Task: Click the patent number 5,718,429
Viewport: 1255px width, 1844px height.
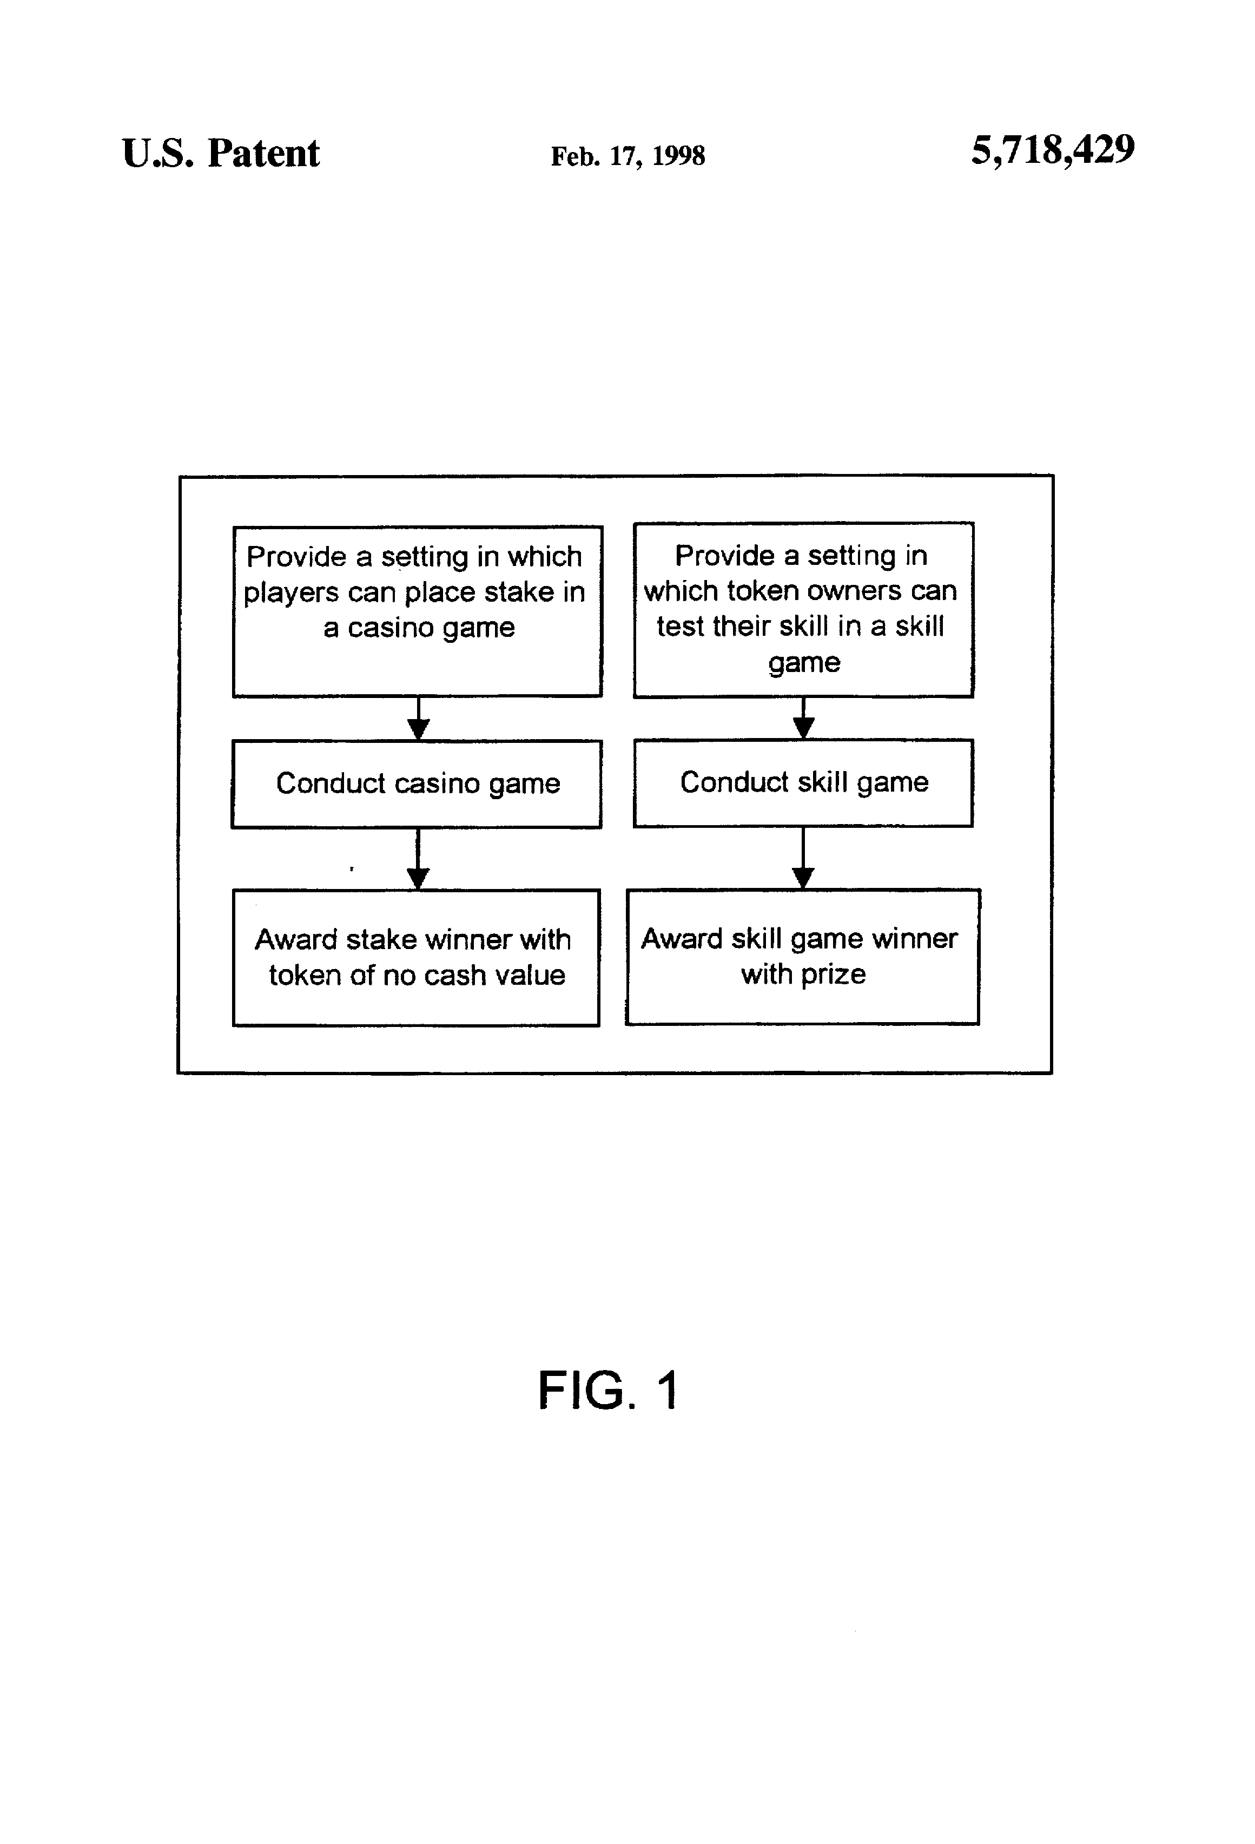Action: coord(1053,150)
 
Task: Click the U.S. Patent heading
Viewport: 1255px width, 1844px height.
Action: coord(221,153)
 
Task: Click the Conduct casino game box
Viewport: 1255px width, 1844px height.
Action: coord(417,784)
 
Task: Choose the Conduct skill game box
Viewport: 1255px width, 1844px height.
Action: coord(803,783)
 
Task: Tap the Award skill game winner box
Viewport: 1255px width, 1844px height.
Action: coord(803,957)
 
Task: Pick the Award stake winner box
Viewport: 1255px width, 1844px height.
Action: coord(415,958)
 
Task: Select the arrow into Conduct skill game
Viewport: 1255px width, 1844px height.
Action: coord(804,718)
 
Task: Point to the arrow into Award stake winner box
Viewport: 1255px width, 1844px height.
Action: coord(418,859)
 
